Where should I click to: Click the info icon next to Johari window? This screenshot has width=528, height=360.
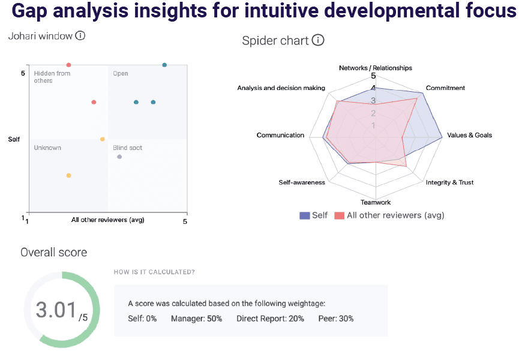[x=80, y=36]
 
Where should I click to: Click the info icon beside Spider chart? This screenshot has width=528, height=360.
[x=318, y=41]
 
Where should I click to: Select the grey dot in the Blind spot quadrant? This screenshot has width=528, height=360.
[x=119, y=157]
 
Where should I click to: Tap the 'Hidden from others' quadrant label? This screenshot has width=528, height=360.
[x=52, y=77]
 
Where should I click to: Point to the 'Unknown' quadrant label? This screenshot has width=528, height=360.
[x=47, y=148]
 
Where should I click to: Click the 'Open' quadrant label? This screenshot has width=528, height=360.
[x=121, y=74]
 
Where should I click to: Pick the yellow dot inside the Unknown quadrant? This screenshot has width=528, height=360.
[x=68, y=175]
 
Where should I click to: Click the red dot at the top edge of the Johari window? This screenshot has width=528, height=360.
[x=68, y=65]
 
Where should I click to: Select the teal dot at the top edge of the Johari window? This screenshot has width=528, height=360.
[x=164, y=65]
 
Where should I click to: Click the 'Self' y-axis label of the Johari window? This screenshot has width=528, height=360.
[x=14, y=139]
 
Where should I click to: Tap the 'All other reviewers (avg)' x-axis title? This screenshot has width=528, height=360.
[x=108, y=220]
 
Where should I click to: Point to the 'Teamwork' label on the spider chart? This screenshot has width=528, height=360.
[x=376, y=202]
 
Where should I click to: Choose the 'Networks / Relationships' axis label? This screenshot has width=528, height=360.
[x=376, y=68]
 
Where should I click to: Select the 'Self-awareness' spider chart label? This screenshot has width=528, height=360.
[x=302, y=182]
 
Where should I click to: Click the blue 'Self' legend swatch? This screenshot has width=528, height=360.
[x=304, y=215]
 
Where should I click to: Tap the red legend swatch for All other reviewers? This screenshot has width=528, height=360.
[x=339, y=215]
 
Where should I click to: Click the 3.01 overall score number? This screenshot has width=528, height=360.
[x=56, y=310]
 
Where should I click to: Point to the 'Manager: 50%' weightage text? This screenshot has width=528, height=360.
[x=196, y=319]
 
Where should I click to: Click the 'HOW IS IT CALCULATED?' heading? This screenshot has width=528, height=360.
[x=154, y=272]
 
